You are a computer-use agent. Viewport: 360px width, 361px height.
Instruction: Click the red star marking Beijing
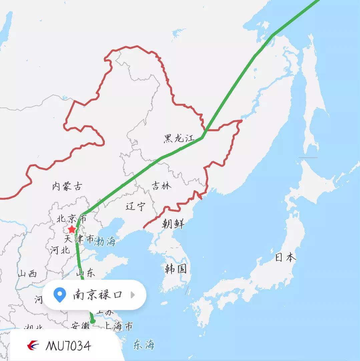click(x=72, y=229)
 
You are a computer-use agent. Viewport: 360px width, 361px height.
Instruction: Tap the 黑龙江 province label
click(x=179, y=138)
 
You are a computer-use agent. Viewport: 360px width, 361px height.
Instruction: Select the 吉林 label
click(x=161, y=186)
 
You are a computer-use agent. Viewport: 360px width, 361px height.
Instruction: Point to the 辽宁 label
click(x=135, y=206)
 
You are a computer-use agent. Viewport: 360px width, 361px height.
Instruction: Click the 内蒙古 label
click(x=67, y=186)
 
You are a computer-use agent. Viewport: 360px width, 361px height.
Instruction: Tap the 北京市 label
click(x=71, y=219)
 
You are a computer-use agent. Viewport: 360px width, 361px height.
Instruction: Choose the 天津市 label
click(x=79, y=239)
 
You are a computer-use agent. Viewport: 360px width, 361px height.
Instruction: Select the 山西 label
click(x=27, y=274)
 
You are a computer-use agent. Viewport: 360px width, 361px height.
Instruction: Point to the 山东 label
click(x=85, y=273)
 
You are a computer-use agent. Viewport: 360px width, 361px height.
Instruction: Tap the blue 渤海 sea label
click(x=105, y=241)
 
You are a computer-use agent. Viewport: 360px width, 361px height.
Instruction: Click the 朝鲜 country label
click(x=173, y=223)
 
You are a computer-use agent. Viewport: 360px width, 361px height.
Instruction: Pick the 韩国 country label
click(x=175, y=268)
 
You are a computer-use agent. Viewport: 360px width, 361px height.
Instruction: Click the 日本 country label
click(x=285, y=257)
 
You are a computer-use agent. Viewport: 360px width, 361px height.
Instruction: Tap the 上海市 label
click(x=118, y=326)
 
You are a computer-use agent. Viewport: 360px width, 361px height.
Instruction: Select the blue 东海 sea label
click(x=144, y=344)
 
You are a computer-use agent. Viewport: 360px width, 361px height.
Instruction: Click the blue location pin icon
click(x=60, y=295)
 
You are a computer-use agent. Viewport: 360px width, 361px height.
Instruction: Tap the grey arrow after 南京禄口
click(x=133, y=295)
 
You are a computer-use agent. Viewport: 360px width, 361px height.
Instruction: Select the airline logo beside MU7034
click(x=33, y=346)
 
